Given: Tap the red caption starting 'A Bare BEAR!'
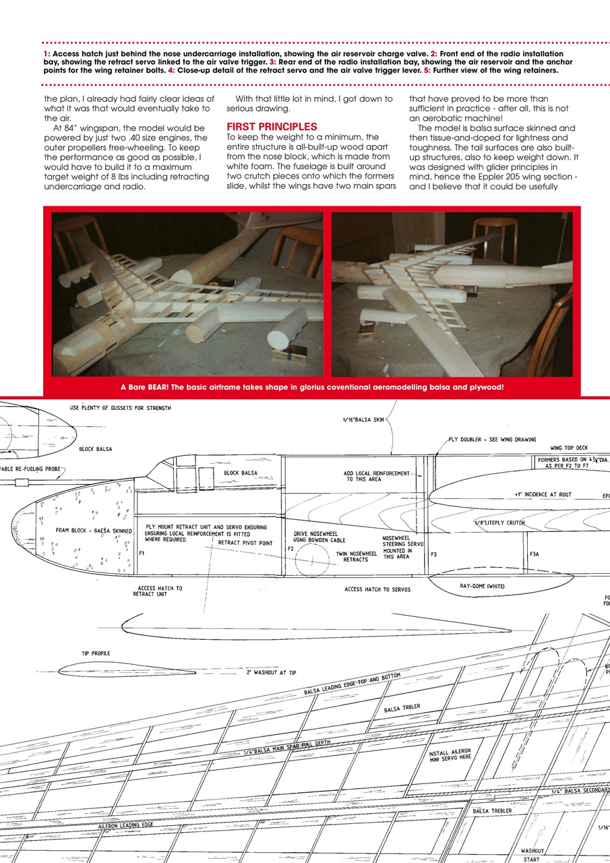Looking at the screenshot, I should click(x=311, y=387).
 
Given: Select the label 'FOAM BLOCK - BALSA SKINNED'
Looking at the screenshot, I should click(x=94, y=531).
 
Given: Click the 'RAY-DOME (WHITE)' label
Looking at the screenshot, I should click(x=483, y=586).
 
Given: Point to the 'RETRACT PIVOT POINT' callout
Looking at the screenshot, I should click(x=245, y=543).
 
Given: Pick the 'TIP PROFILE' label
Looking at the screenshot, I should click(x=96, y=653).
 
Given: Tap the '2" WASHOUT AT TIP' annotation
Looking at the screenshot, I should click(x=271, y=673).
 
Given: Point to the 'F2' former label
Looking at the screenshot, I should click(x=291, y=549).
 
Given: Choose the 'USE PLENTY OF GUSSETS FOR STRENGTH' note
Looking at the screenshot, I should click(x=120, y=408).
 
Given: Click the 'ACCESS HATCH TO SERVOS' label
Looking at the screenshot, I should click(x=377, y=589).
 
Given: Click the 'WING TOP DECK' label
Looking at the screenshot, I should click(x=570, y=448).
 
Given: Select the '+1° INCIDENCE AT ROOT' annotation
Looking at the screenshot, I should click(x=543, y=494).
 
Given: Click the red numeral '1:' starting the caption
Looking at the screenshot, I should click(x=46, y=53).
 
